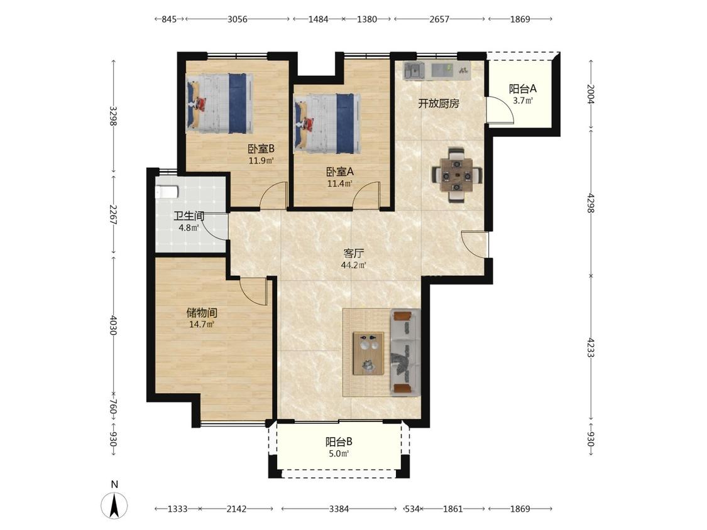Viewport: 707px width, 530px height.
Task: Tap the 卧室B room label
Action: coord(261,149)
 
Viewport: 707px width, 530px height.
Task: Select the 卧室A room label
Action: coord(339,171)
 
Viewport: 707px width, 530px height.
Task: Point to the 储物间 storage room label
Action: coord(202,313)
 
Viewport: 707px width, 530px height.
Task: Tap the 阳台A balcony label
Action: coord(523,89)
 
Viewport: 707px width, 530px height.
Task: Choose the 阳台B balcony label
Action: coord(339,442)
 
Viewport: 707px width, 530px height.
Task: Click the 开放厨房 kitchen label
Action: coord(438,104)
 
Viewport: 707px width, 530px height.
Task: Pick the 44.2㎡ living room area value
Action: coord(353,266)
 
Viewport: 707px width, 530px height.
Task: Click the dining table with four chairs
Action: coord(457,175)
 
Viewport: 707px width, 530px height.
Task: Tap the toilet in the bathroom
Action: coord(167,192)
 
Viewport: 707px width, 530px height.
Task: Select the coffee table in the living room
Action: coord(368,354)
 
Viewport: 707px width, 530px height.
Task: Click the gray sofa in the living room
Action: coord(405,352)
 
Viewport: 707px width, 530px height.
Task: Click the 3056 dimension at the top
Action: coord(237,19)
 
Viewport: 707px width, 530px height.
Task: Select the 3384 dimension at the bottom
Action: coord(339,509)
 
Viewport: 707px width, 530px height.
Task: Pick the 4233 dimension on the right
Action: coord(590,347)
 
